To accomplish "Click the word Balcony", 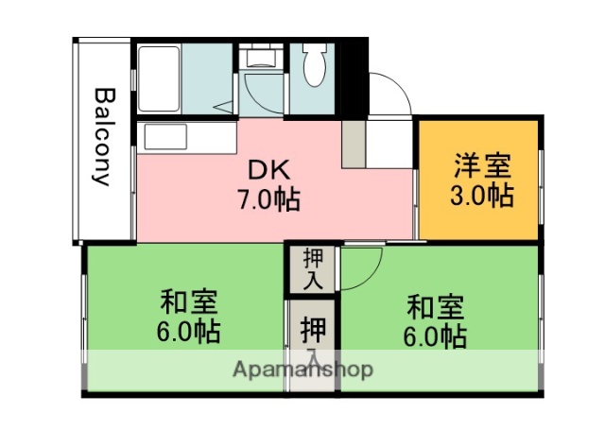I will [x=104, y=138].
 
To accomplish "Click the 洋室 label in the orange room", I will [x=481, y=167].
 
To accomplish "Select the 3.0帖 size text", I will [x=481, y=196].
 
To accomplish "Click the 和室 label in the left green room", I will [x=189, y=303].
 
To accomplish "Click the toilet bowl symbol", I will [x=315, y=69].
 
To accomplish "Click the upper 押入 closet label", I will [x=313, y=268].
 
